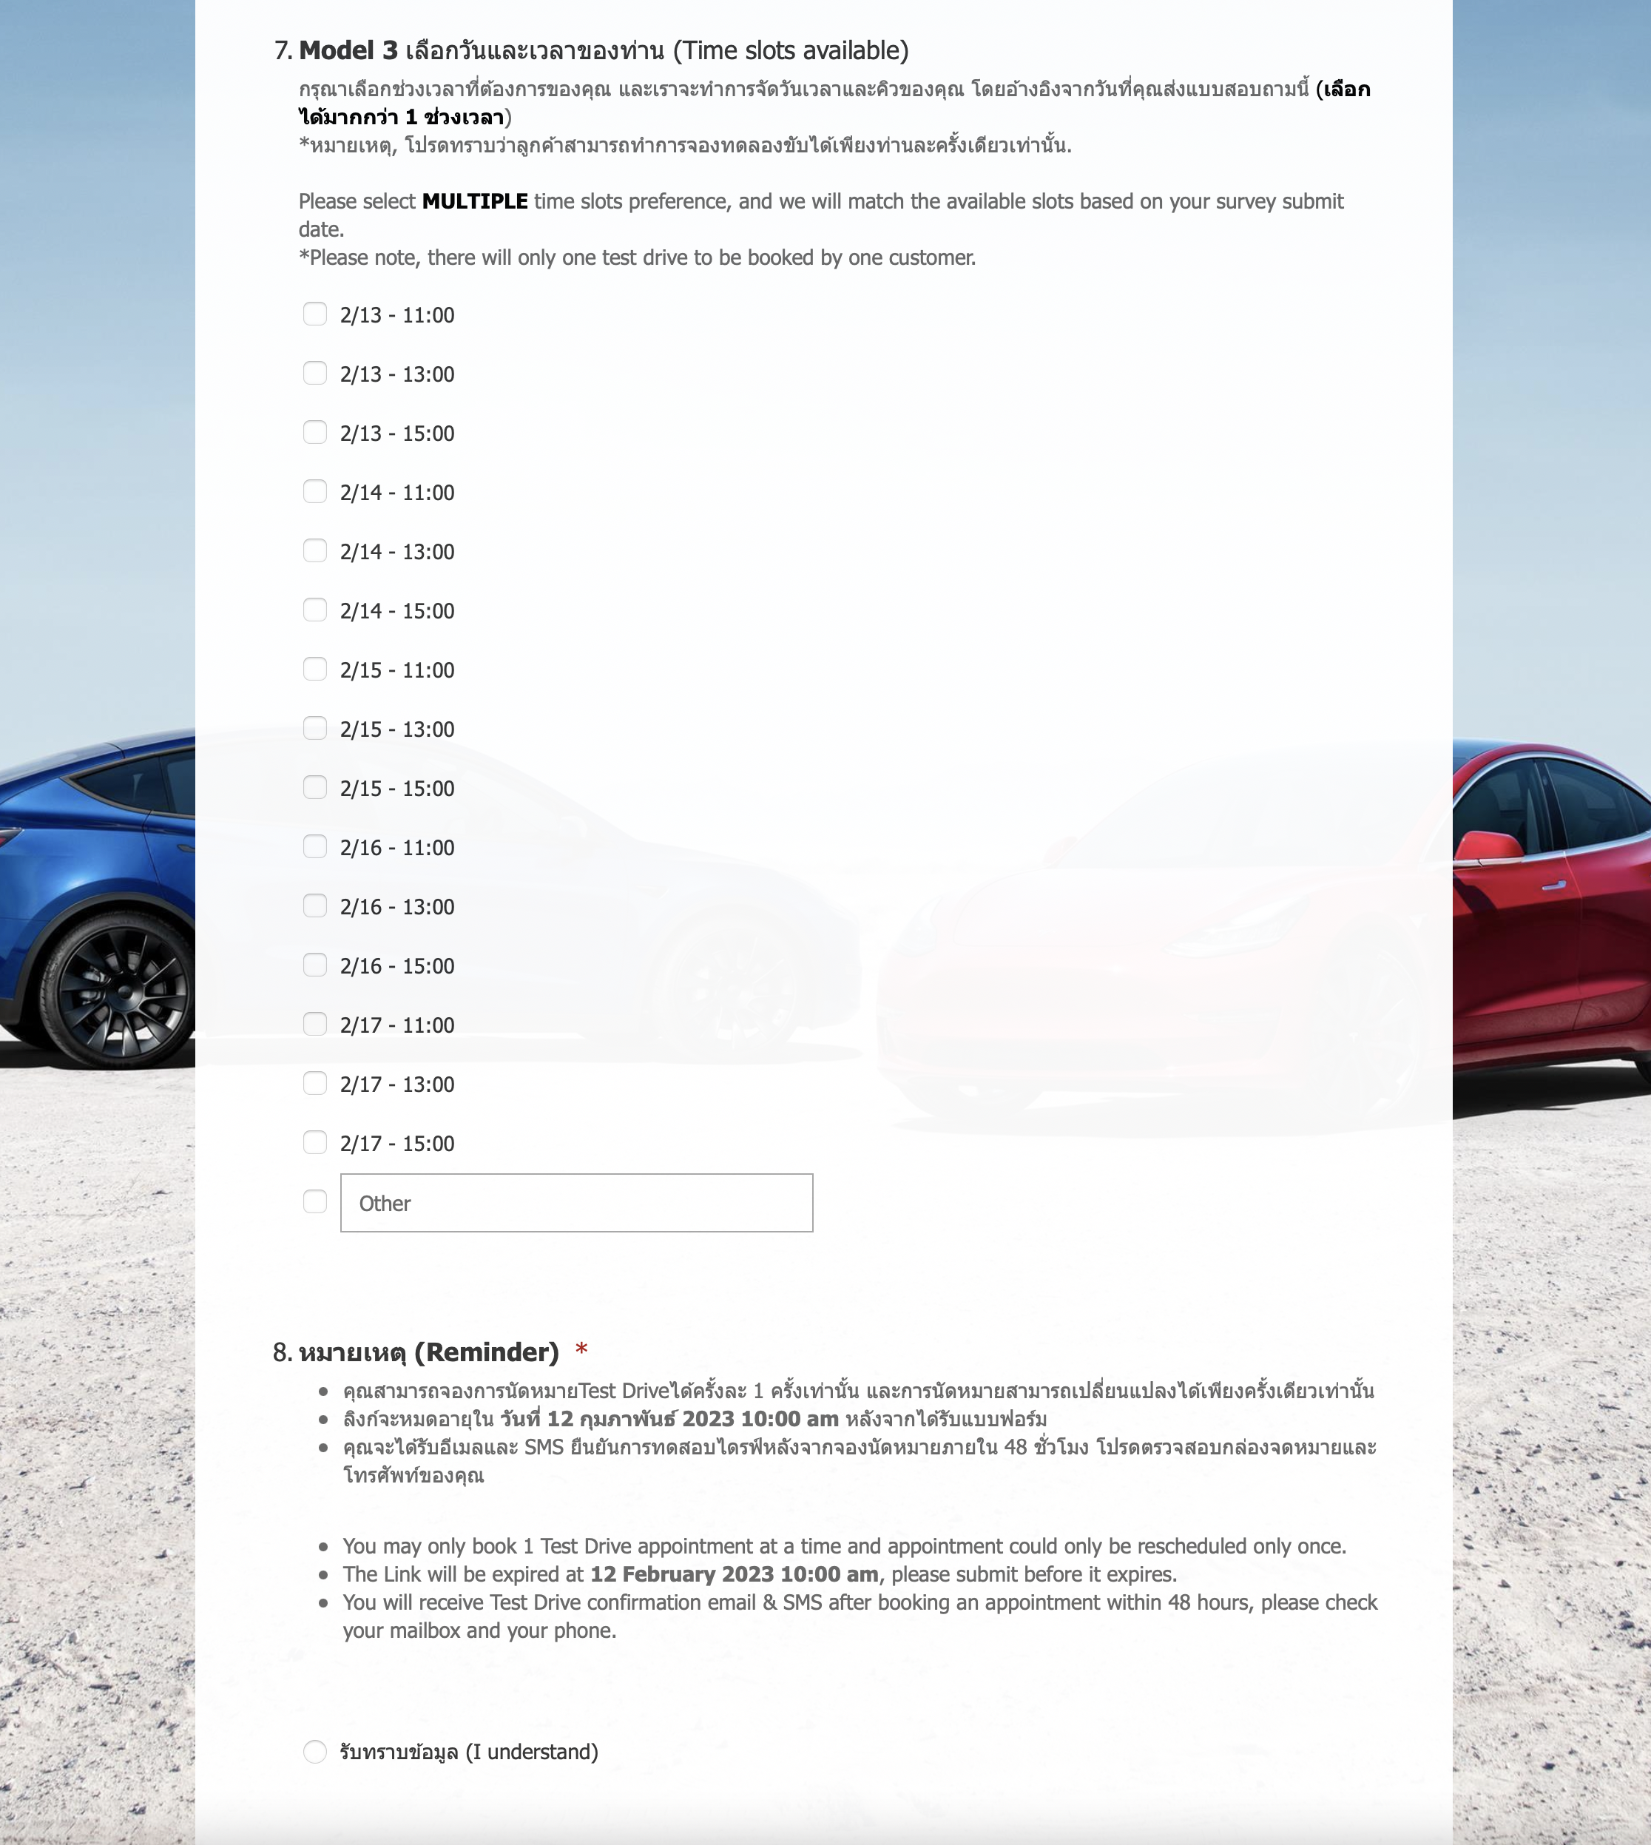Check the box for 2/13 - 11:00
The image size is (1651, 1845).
(x=315, y=314)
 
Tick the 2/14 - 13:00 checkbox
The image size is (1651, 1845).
(x=315, y=550)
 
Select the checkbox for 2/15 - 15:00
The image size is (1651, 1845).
(x=315, y=787)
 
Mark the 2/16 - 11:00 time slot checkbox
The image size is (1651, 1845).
(x=315, y=846)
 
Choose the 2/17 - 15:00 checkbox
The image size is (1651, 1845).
(x=315, y=1142)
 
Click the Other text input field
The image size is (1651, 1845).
(x=576, y=1203)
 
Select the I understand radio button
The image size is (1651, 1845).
(x=315, y=1752)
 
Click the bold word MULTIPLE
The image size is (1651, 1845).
(x=474, y=201)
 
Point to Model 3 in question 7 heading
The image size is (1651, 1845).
(x=348, y=51)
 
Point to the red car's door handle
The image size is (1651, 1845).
(x=1553, y=886)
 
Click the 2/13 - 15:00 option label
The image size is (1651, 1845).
(x=397, y=434)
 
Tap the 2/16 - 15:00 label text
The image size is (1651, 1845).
(x=397, y=966)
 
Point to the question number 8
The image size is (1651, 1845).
(x=281, y=1352)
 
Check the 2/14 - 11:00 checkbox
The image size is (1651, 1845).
(x=315, y=492)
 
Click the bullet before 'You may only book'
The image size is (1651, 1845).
(x=323, y=1547)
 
